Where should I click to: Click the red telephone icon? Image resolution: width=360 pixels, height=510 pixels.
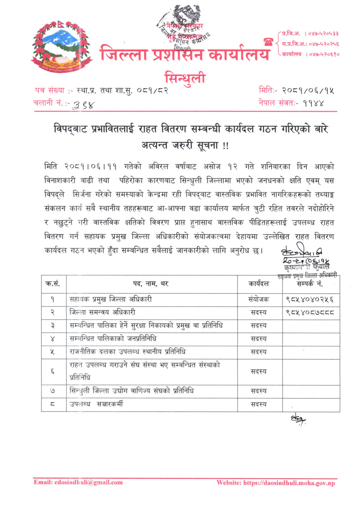(268, 42)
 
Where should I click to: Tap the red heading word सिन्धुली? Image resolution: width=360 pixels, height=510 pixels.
(185, 78)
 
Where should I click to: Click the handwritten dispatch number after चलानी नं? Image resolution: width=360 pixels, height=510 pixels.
(83, 104)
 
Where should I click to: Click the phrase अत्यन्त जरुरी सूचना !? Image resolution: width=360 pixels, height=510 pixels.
(185, 146)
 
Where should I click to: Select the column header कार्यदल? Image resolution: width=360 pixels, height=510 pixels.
(259, 284)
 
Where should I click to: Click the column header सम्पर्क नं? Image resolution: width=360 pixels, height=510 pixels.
(310, 284)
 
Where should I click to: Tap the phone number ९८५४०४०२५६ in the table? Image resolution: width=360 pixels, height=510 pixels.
(310, 299)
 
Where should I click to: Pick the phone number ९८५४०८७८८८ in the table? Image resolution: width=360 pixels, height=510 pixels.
(310, 313)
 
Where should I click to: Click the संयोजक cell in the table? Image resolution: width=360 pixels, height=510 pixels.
(259, 299)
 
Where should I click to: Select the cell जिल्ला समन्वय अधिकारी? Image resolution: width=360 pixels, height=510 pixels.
(102, 313)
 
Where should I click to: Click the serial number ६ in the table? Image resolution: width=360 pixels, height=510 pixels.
(53, 371)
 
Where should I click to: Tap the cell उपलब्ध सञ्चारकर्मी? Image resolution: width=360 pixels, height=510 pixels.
(96, 404)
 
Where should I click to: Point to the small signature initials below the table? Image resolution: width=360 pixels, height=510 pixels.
(298, 420)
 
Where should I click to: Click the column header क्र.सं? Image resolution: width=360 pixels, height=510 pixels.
(53, 284)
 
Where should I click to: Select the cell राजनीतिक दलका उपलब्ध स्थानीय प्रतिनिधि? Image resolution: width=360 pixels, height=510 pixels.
(127, 352)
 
